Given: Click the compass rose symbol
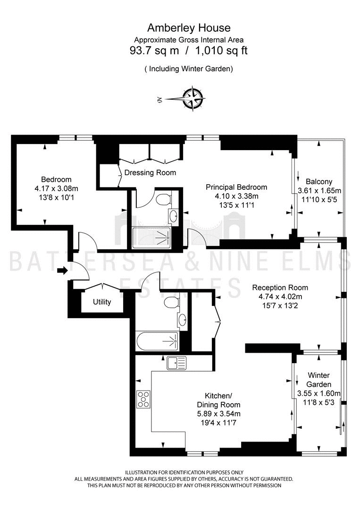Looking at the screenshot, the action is [193, 99].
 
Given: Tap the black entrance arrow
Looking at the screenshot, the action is [62, 270].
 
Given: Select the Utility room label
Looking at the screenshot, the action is [102, 302].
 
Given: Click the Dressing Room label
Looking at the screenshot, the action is [150, 173].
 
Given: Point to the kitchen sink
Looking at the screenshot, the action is [177, 363].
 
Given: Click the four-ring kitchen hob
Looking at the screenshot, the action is [143, 399].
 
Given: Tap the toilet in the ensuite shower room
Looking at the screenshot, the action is [163, 199].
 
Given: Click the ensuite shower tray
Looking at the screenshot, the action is [151, 238].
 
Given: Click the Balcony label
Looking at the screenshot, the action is [319, 182].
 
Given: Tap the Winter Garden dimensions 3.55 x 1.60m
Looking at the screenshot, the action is [319, 393].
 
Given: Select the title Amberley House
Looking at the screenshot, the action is [189, 28].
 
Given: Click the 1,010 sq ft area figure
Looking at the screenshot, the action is [221, 51].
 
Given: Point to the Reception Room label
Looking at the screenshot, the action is [280, 288].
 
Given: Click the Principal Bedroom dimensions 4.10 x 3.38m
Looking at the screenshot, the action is [236, 196].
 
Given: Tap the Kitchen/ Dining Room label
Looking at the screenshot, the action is [218, 400].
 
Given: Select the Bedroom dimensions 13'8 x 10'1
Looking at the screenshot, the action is [57, 197].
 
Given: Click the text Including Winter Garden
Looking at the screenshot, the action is [189, 69].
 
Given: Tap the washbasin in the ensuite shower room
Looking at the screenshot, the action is [174, 215].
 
